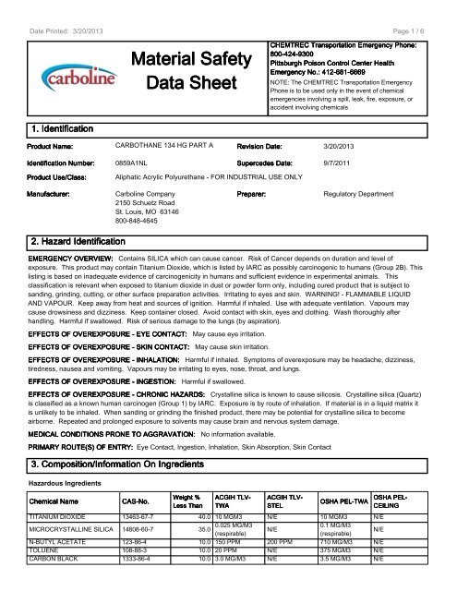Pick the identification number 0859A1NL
point(131,162)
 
